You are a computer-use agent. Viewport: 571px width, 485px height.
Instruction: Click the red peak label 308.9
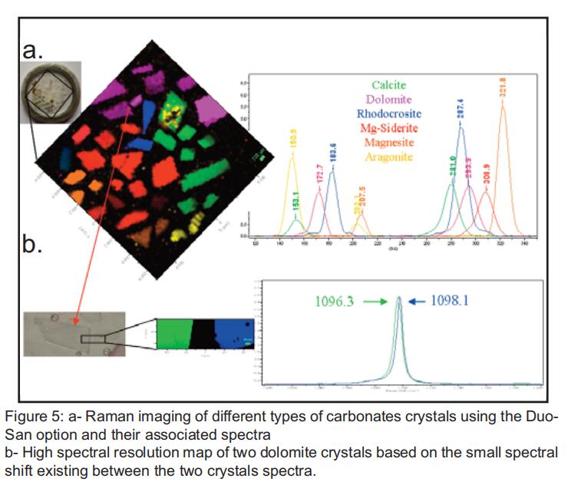pyautogui.click(x=486, y=175)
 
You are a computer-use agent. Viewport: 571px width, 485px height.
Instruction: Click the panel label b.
pyautogui.click(x=31, y=248)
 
